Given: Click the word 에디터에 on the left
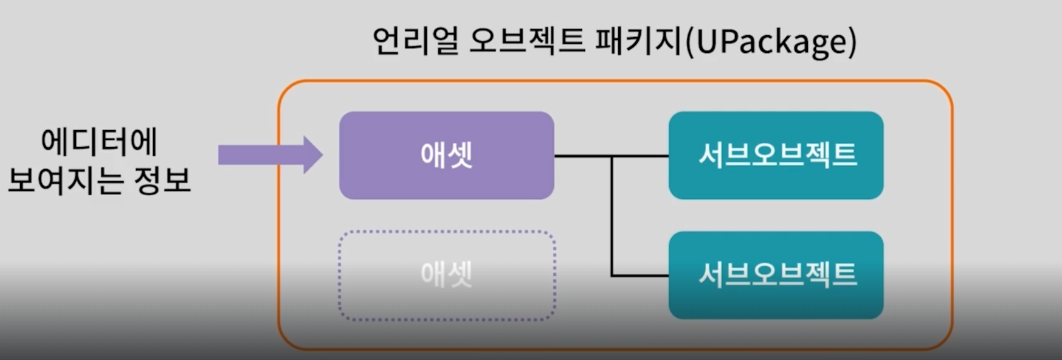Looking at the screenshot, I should (x=99, y=142).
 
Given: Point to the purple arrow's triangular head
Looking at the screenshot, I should (x=312, y=154).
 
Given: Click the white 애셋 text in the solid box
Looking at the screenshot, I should (x=446, y=155).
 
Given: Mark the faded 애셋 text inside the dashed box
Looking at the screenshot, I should (x=446, y=275).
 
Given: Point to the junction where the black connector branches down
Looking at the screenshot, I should (x=612, y=156).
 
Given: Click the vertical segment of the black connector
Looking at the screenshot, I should (x=612, y=216).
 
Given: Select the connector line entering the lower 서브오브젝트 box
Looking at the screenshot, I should (x=641, y=275).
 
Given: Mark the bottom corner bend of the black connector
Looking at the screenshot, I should (x=612, y=275).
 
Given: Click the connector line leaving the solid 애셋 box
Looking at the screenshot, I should (x=582, y=156).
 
